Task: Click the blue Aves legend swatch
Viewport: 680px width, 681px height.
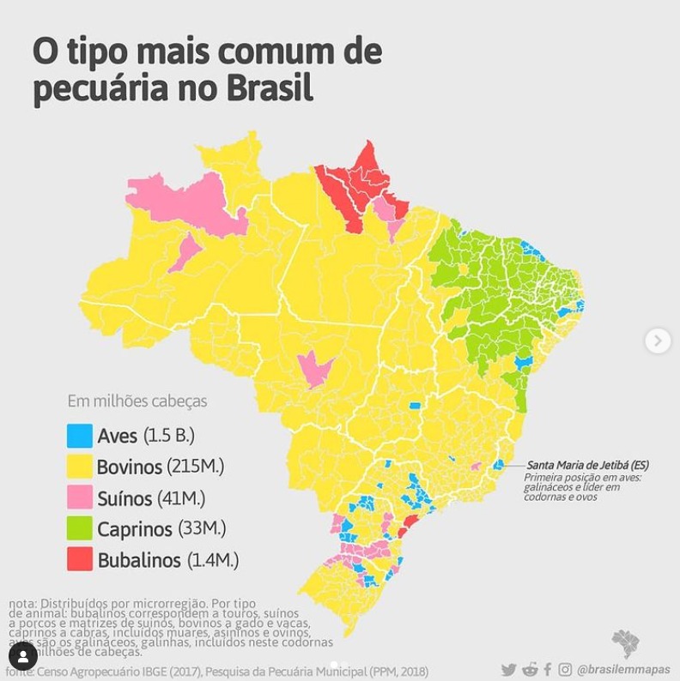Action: (80, 436)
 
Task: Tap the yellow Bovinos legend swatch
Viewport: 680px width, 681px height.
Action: (80, 467)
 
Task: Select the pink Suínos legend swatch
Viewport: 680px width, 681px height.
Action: (80, 497)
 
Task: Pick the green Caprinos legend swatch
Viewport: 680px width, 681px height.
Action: (80, 528)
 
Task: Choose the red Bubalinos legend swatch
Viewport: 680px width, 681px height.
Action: (80, 560)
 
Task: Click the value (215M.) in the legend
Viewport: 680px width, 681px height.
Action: (196, 467)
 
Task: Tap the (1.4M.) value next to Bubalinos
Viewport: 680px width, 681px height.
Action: (210, 560)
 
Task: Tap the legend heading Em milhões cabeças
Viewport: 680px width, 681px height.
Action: (137, 401)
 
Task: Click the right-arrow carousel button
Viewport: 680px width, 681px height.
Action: (658, 340)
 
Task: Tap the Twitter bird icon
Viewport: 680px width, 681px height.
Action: (509, 670)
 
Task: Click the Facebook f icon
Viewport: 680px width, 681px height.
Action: (548, 670)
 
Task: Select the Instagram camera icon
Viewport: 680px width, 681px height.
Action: (565, 670)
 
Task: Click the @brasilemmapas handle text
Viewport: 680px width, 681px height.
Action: (623, 670)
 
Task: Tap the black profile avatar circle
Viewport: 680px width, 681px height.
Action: (23, 656)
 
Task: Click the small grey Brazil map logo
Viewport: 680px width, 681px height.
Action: (625, 642)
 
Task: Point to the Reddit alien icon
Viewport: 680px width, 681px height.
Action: (530, 670)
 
